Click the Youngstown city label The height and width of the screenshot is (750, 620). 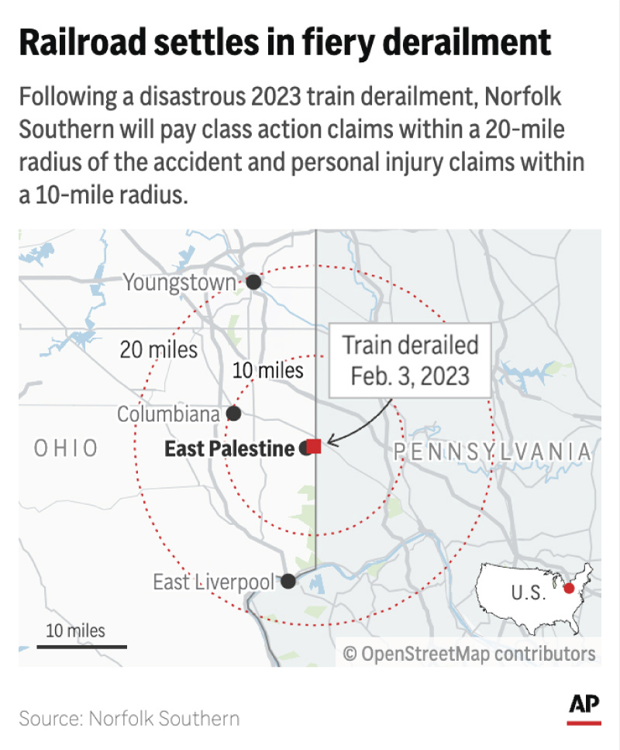(x=179, y=282)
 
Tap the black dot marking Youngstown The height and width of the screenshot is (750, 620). (x=253, y=283)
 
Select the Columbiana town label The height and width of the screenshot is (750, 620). (x=168, y=414)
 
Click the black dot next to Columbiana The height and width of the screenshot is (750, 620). (x=233, y=413)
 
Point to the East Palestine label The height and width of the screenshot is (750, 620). (x=229, y=448)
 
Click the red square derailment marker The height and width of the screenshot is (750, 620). (x=315, y=446)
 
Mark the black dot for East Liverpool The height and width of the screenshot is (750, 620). (x=288, y=581)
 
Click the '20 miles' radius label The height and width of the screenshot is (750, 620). (x=159, y=350)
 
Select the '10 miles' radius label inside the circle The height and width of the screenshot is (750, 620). (x=268, y=371)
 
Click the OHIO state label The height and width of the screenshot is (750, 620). (x=66, y=448)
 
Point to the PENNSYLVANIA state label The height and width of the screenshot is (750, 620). (x=493, y=451)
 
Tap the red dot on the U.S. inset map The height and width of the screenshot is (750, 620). (x=570, y=589)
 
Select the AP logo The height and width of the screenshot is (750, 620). (x=584, y=707)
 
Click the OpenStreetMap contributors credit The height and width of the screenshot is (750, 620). (x=470, y=653)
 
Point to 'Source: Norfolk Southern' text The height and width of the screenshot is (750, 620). (x=129, y=718)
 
